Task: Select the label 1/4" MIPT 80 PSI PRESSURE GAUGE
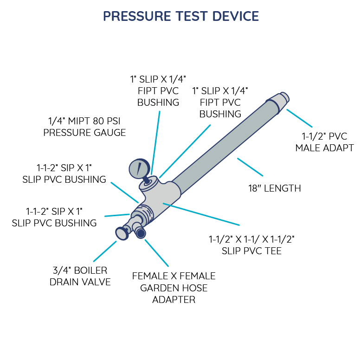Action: (84, 127)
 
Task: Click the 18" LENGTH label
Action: (275, 188)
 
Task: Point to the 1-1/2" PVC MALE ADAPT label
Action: (324, 142)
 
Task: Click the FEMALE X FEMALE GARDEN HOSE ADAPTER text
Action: (174, 288)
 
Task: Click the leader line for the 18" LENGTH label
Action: (250, 167)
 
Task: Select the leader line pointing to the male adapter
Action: (299, 118)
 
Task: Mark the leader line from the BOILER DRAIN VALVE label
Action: (105, 251)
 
